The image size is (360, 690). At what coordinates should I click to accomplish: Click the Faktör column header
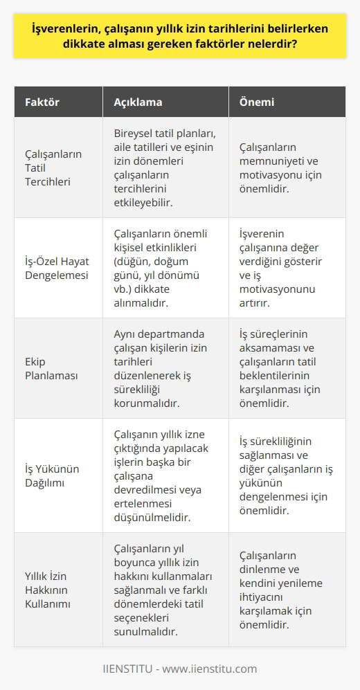43,102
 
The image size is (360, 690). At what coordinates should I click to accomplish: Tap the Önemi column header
257,102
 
